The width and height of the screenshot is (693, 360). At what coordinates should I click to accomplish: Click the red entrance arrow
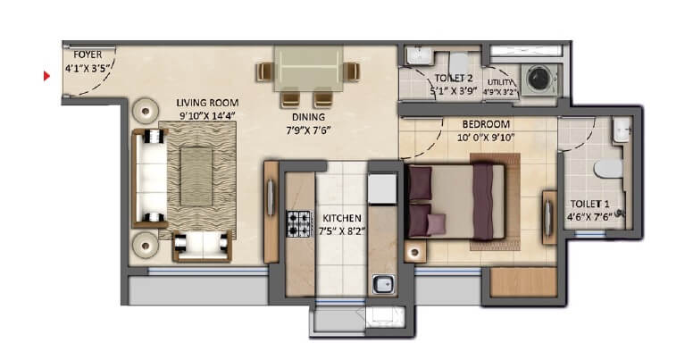pyautogui.click(x=46, y=76)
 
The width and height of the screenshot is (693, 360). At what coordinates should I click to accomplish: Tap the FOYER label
pyautogui.click(x=88, y=54)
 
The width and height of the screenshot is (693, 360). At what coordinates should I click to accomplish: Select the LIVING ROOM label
pyautogui.click(x=207, y=103)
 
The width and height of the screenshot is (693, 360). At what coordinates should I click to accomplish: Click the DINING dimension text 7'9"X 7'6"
pyautogui.click(x=308, y=130)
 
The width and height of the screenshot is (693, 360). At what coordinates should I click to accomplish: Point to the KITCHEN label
pyautogui.click(x=342, y=218)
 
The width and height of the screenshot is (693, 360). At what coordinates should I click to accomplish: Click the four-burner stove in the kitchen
pyautogui.click(x=298, y=224)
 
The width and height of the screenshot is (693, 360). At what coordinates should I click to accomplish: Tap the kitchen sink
pyautogui.click(x=383, y=283)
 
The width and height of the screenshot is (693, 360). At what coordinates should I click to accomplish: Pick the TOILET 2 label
pyautogui.click(x=454, y=79)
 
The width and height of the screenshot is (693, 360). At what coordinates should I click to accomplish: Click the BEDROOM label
pyautogui.click(x=486, y=124)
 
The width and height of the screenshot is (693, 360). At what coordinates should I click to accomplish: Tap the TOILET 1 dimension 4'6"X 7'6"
pyautogui.click(x=589, y=217)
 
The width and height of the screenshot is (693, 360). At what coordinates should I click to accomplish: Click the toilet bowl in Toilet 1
pyautogui.click(x=608, y=169)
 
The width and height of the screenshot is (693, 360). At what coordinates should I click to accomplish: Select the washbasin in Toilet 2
pyautogui.click(x=416, y=55)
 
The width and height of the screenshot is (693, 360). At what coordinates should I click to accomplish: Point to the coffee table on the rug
pyautogui.click(x=196, y=177)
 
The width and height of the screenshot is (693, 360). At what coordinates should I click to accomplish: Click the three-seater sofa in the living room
pyautogui.click(x=149, y=179)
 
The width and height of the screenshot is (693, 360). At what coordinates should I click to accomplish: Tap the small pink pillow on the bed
pyautogui.click(x=436, y=224)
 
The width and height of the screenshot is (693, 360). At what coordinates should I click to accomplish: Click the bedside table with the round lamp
pyautogui.click(x=415, y=253)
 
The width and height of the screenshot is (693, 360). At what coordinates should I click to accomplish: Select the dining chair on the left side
pyautogui.click(x=265, y=71)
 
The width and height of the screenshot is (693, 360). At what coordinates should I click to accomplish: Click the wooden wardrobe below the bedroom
pyautogui.click(x=523, y=282)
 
